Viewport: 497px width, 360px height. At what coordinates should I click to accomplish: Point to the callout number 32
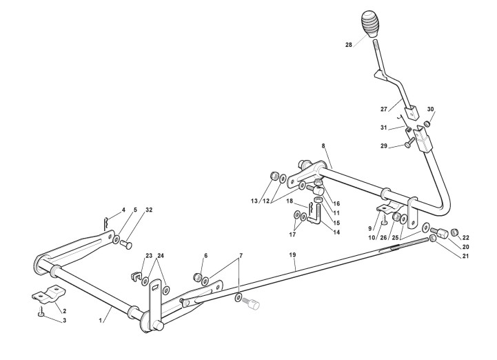(148, 210)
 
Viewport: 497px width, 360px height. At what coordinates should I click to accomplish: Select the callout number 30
(432, 109)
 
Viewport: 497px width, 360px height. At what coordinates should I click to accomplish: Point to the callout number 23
(148, 255)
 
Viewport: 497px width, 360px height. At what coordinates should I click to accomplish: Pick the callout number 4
(123, 210)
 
